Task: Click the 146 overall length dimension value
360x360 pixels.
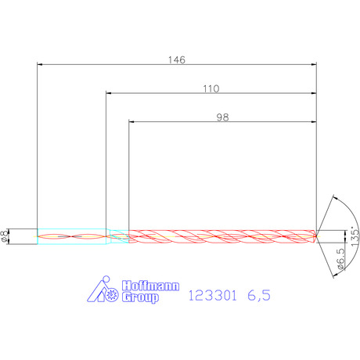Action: tap(177, 60)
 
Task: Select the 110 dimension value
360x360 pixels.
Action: tap(211, 89)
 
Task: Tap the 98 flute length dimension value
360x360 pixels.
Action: tap(222, 117)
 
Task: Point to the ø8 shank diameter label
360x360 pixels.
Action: tap(5, 236)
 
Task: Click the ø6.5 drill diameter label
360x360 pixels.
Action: tap(340, 258)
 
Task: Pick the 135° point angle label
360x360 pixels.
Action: tap(355, 236)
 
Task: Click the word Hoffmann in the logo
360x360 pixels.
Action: tap(150, 286)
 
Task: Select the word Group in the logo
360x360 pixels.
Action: tap(140, 297)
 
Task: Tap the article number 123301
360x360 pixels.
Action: tap(212, 296)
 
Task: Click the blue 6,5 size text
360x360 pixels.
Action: tap(259, 296)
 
